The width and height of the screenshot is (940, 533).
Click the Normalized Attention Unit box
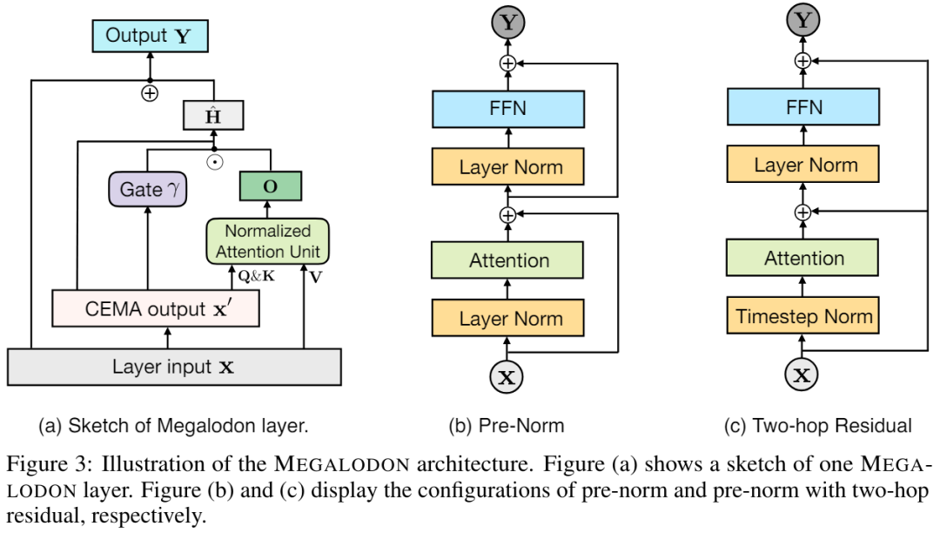(x=269, y=241)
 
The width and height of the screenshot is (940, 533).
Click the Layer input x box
(x=173, y=367)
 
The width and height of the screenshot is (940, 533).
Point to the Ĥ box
(x=212, y=115)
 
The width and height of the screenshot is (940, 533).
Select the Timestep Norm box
(x=803, y=316)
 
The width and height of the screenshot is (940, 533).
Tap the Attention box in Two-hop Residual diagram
(x=803, y=259)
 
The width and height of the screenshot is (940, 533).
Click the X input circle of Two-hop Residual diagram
(x=803, y=376)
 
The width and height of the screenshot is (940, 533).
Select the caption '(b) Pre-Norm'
(x=506, y=426)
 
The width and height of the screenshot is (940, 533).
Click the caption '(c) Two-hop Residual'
(x=817, y=426)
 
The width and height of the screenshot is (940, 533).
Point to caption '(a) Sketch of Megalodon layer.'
(x=173, y=426)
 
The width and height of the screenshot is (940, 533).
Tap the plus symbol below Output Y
(x=150, y=93)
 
